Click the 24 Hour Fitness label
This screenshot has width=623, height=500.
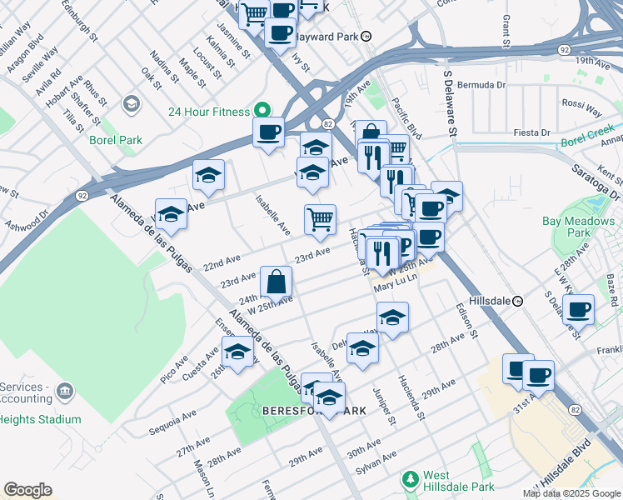click(x=209, y=112)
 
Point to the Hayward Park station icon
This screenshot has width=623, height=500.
click(x=377, y=37)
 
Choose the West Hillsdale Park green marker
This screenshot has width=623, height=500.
click(x=409, y=479)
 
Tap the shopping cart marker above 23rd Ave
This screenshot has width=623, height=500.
click(x=320, y=220)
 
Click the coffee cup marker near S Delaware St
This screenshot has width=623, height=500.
click(x=578, y=310)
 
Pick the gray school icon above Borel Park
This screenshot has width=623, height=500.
click(x=131, y=103)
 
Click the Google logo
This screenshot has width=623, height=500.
click(x=28, y=490)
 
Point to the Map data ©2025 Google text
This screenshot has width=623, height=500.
click(x=571, y=493)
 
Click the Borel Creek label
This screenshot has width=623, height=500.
click(x=586, y=136)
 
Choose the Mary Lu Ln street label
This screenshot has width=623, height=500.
click(x=394, y=286)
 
